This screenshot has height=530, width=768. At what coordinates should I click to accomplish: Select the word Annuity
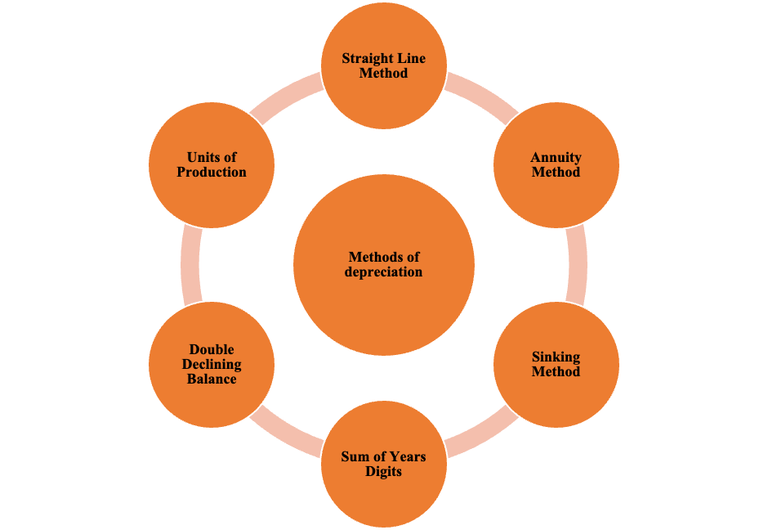tap(556, 158)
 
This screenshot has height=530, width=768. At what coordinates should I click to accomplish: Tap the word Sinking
tap(556, 357)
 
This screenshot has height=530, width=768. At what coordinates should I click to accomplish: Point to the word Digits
tap(383, 472)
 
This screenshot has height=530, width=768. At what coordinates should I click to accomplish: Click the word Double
tap(212, 350)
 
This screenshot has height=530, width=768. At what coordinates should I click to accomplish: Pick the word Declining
tap(212, 365)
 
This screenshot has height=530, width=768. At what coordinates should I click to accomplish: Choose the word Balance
tap(212, 380)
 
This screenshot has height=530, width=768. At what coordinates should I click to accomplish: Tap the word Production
tap(212, 173)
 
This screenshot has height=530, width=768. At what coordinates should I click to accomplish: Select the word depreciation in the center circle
tap(383, 272)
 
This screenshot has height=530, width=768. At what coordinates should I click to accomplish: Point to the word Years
tap(407, 457)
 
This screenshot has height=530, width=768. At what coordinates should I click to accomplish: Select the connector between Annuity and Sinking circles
tap(577, 264)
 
